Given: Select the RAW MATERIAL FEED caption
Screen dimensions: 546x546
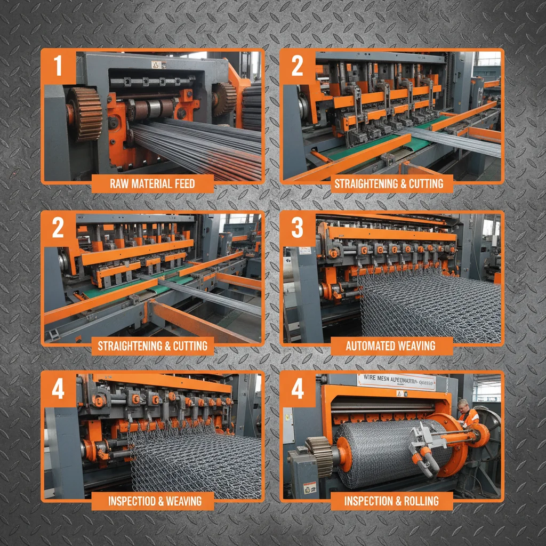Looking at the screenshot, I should click(152, 184).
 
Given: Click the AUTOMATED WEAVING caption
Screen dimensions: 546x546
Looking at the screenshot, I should click(390, 346).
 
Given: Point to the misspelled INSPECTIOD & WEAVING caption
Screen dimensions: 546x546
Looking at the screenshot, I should click(155, 501).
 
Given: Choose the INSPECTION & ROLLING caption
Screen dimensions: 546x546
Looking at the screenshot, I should click(391, 501).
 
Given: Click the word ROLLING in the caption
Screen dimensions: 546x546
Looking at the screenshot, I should click(422, 501).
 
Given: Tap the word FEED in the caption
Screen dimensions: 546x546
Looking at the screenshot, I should click(181, 184).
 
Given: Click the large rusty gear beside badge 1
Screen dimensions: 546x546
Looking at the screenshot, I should click(84, 113).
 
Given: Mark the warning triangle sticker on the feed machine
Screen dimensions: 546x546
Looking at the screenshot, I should click(156, 65).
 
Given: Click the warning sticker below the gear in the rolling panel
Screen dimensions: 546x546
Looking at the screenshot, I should click(309, 488).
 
